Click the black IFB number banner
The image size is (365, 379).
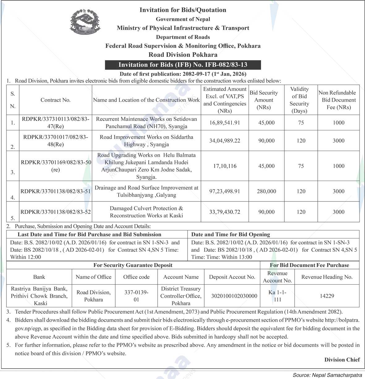pyautogui.click(x=183, y=65)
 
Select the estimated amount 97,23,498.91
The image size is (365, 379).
pyautogui.click(x=225, y=191)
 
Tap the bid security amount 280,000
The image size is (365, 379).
pyautogui.click(x=266, y=191)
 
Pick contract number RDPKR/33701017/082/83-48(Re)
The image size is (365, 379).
pyautogui.click(x=56, y=141)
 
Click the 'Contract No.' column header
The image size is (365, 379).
pyautogui.click(x=56, y=100)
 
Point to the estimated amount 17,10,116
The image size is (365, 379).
pyautogui.click(x=225, y=166)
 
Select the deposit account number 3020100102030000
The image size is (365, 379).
pyautogui.click(x=234, y=296)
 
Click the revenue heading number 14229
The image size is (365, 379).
pyautogui.click(x=327, y=296)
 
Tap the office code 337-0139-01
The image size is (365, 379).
pyautogui.click(x=136, y=296)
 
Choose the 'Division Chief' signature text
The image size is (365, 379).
pyautogui.click(x=342, y=360)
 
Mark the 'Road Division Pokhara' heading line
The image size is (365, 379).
pyautogui.click(x=183, y=55)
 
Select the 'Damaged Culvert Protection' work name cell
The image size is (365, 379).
pyautogui.click(x=146, y=212)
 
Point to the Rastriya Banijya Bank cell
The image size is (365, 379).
pyautogui.click(x=39, y=296)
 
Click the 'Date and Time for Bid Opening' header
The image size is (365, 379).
pyautogui.click(x=231, y=234)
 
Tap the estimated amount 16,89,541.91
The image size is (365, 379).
pyautogui.click(x=225, y=123)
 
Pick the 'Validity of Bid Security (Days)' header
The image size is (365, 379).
pyautogui.click(x=299, y=100)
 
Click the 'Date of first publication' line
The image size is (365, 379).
pyautogui.click(x=183, y=74)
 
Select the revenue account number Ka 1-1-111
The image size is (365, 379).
pyautogui.click(x=277, y=296)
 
